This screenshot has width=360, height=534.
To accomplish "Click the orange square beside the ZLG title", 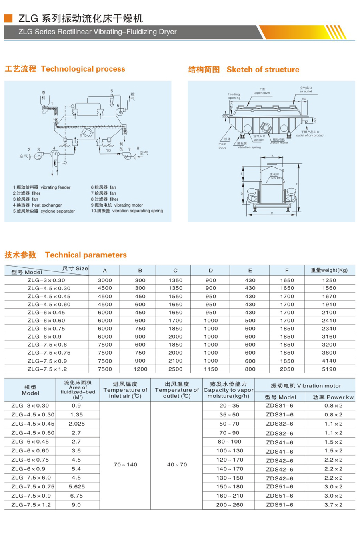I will point(8,18).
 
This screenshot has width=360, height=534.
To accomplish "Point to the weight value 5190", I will point(329,369).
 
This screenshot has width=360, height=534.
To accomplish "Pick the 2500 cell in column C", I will point(175,369).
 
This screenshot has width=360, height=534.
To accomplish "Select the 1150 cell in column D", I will point(211,369).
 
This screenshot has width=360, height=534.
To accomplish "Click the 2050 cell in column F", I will point(287,369).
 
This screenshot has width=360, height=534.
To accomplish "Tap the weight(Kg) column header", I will point(329,270).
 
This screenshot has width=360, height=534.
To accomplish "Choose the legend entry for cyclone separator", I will point(44,211).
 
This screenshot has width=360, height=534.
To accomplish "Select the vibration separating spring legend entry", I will point(127,211).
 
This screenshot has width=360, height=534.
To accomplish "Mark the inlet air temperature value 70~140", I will point(125,464).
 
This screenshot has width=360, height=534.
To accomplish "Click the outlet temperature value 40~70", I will point(177,464).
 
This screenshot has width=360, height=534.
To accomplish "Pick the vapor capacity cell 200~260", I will point(229,505).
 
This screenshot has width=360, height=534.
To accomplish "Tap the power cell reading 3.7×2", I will point(333,505).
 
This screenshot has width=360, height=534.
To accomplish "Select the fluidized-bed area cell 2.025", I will point(76,424).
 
